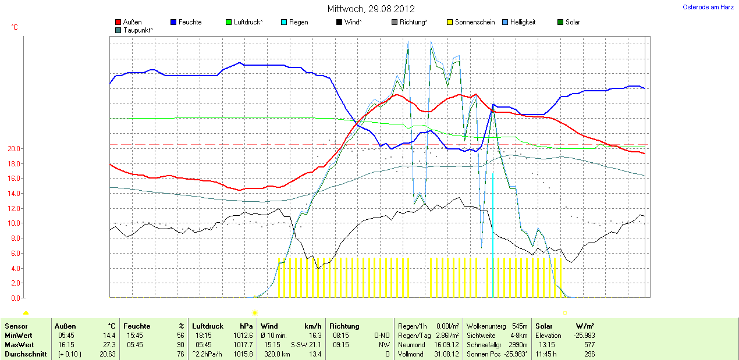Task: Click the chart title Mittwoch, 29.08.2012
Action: click(371, 9)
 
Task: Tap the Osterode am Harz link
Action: click(708, 7)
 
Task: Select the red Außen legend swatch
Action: click(119, 22)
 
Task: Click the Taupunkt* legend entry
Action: click(138, 30)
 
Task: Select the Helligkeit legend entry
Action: click(523, 22)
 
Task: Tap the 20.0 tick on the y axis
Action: click(14, 149)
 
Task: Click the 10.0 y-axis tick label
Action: click(14, 223)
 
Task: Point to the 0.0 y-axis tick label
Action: click(16, 298)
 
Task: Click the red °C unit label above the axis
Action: click(15, 27)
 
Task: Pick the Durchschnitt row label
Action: click(26, 354)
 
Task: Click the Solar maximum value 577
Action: click(588, 345)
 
